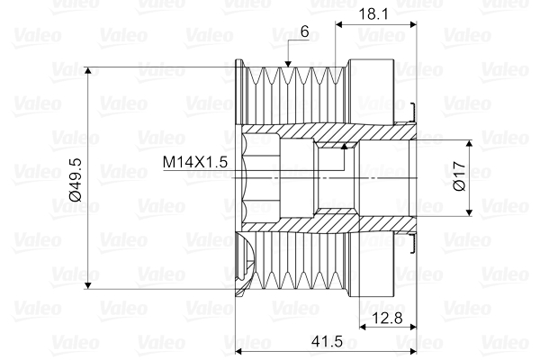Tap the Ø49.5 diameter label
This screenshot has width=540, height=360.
tap(75, 178)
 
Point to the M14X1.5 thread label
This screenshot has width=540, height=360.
tap(195, 162)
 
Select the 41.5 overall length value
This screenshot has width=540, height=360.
tap(323, 340)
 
